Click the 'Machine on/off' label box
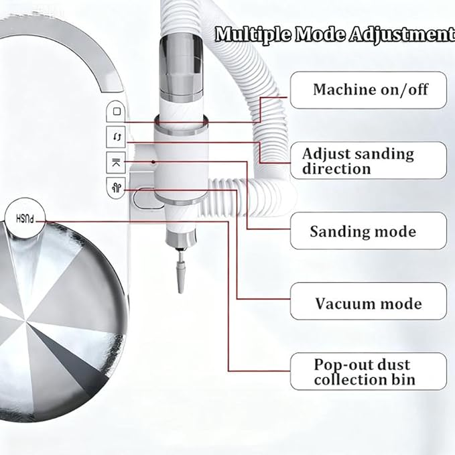coord(369,90)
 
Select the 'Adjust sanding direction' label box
coord(369,160)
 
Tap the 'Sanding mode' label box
coord(369,231)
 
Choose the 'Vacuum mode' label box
coord(369,301)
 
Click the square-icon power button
coord(116,111)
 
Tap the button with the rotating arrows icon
coord(116,137)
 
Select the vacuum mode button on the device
coord(116,188)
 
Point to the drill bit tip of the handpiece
coord(180,291)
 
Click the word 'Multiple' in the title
coord(253,35)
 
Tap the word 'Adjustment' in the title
coord(402,35)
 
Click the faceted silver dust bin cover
coord(58,319)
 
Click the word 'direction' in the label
coord(336,169)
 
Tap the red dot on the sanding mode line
coord(153,161)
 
